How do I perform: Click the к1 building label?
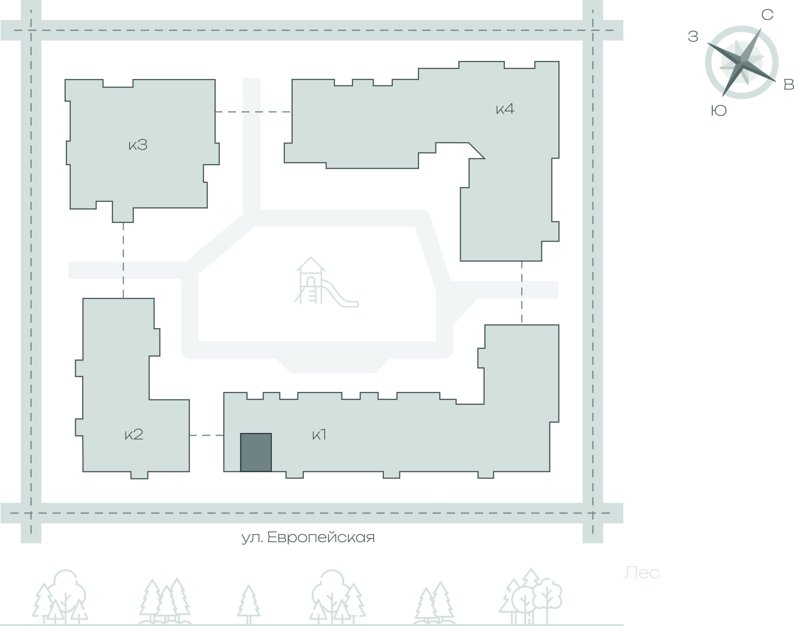tap(319, 435)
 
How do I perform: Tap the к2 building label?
tap(134, 434)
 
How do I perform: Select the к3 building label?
tap(138, 145)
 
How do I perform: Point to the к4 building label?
tap(505, 109)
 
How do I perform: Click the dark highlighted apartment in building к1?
tap(256, 452)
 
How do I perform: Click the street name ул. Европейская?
tap(308, 537)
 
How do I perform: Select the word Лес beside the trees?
tap(641, 573)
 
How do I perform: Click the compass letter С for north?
tap(767, 15)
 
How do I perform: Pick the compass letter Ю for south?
tap(719, 110)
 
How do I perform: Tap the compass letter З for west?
tap(693, 37)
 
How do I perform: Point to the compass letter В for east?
tap(788, 84)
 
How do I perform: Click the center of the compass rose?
tap(742, 62)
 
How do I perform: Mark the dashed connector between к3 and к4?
tap(253, 112)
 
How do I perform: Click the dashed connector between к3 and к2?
tap(123, 260)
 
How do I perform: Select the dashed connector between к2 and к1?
tap(206, 435)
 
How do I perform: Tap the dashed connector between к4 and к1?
tap(522, 293)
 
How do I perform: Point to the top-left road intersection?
tap(31, 30)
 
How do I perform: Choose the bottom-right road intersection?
tap(593, 513)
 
